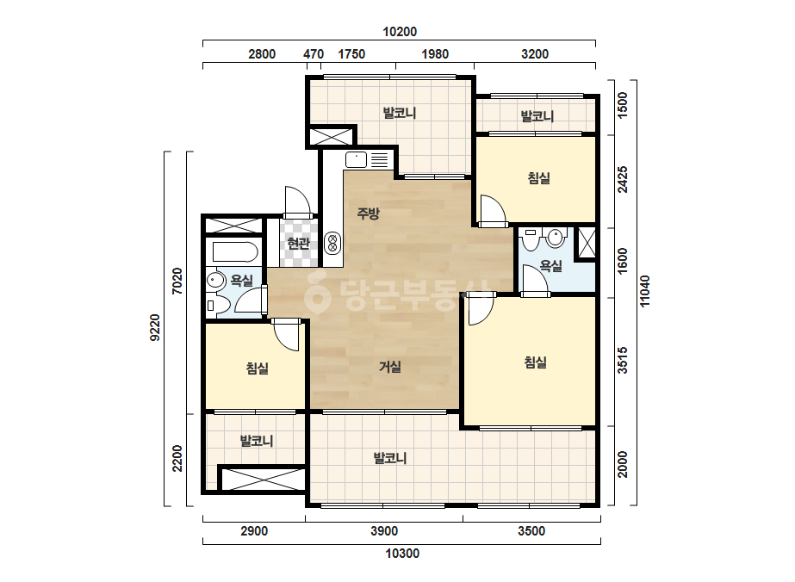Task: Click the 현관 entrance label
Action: point(298,244)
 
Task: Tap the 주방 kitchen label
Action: point(368,213)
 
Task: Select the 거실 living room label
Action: point(390,366)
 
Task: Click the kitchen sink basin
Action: point(356,159)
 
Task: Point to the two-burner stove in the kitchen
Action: point(332,242)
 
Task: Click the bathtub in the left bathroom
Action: point(236,252)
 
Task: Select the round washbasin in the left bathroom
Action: point(216,281)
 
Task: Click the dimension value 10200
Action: point(400,32)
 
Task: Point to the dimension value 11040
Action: point(644,290)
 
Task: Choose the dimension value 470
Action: point(314,53)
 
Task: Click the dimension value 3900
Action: point(384,531)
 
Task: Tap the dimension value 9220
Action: point(155,328)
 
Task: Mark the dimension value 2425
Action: point(623,179)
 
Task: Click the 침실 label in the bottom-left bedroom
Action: point(257,368)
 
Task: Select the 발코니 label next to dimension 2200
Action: point(257,441)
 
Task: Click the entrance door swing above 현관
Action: point(297,201)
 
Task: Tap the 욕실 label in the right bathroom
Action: point(550,266)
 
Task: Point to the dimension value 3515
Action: point(623,360)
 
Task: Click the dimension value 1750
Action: point(351,53)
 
